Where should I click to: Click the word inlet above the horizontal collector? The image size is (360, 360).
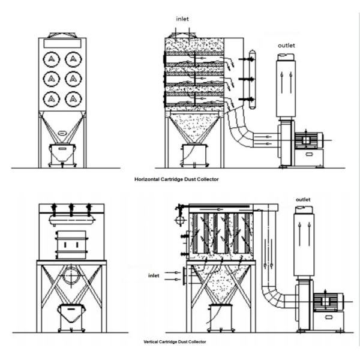(x=183, y=19)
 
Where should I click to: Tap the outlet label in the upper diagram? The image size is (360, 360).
(x=287, y=46)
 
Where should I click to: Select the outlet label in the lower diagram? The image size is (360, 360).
(x=304, y=199)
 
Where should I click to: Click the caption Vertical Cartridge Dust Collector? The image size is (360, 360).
(x=175, y=341)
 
